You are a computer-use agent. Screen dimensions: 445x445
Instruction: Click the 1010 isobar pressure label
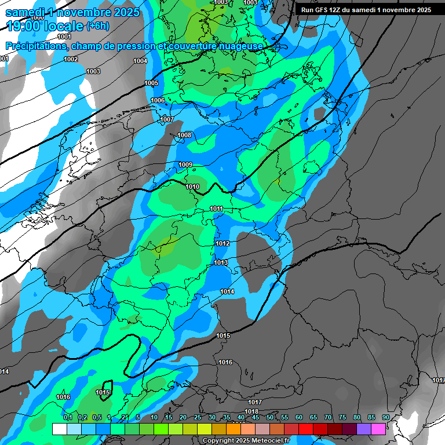[193, 187]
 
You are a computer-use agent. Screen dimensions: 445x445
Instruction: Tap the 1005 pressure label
[151, 83]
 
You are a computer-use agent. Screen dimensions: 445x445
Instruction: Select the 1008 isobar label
[184, 136]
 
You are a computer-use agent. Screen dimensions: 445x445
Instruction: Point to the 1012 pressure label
[222, 244]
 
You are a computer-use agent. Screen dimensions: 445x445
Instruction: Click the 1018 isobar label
[251, 411]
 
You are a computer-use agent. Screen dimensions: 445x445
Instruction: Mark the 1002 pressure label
[71, 60]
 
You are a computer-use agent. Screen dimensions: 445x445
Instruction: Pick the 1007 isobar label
[167, 119]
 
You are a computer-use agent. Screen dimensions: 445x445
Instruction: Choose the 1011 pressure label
[217, 209]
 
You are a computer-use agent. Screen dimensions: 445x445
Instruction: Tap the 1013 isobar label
[220, 263]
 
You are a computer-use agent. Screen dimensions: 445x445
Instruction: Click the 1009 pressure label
[185, 165]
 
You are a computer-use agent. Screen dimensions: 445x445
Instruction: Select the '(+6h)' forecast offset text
[97, 26]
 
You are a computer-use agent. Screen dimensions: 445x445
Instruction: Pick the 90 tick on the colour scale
[385, 418]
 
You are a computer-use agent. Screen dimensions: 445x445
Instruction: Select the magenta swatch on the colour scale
[378, 429]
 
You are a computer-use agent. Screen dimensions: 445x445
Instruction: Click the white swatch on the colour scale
[59, 429]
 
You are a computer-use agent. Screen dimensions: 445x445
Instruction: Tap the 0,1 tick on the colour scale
[68, 418]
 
